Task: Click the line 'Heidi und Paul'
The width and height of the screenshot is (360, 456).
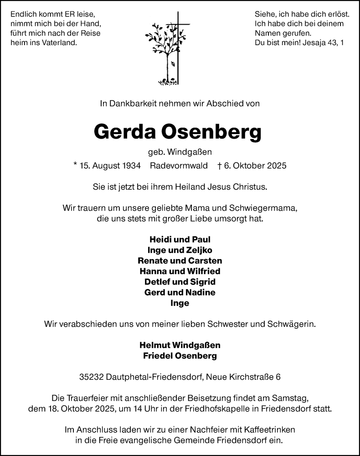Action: (x=180, y=239)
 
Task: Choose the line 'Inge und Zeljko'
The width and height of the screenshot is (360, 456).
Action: (x=180, y=250)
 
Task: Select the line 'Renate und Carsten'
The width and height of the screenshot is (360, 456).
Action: (x=180, y=261)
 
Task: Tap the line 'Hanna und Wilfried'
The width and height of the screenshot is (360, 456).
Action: (x=180, y=271)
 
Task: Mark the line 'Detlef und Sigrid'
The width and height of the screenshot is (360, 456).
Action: (x=180, y=282)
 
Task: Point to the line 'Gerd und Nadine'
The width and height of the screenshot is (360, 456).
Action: (x=180, y=292)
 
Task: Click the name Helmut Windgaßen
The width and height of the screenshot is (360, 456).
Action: (x=180, y=345)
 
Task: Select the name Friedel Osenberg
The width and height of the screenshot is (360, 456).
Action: (x=180, y=356)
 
